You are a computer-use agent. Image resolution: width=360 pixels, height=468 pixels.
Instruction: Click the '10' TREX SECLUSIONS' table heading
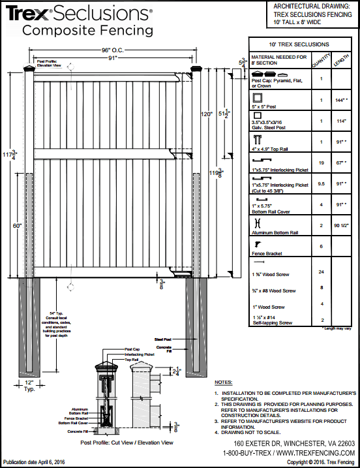click(x=303, y=44)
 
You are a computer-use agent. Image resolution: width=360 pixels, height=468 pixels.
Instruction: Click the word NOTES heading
click(x=223, y=382)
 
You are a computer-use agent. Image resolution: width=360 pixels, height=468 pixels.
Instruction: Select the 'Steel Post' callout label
click(x=162, y=339)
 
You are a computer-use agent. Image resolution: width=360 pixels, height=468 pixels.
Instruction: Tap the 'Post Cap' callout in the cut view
click(x=132, y=349)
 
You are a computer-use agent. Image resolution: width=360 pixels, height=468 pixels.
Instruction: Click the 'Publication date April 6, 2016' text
click(x=35, y=461)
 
